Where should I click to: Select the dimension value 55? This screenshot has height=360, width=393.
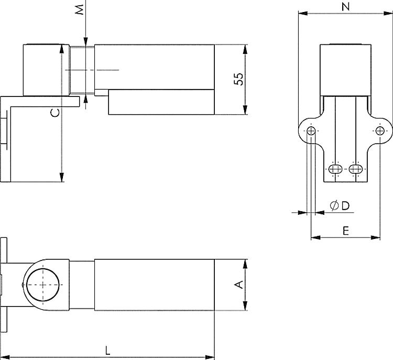pos(238,79)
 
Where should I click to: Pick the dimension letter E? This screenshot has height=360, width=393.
pos(345,230)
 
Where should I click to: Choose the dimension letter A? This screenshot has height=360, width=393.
pos(238,285)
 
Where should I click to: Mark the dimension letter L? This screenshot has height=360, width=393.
pos(107,349)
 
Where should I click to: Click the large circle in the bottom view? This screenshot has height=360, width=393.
pos(41,284)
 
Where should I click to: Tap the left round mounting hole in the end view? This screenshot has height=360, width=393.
pos(311,130)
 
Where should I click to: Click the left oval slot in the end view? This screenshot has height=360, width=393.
pos(335,169)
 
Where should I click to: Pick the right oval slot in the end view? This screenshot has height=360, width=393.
pos(356,169)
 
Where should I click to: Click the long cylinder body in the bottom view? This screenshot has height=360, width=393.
pos(154,285)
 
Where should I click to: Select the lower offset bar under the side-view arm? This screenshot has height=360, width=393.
pos(161,102)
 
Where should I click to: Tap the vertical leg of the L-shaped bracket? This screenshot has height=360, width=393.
pos(9,141)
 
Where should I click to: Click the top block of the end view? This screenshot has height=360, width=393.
pos(346,70)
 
